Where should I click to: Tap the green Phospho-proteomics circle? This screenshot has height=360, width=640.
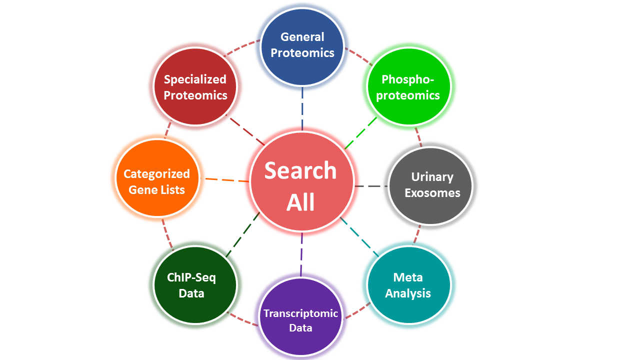click(408, 87)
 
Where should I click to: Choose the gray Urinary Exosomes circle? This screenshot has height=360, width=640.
click(430, 185)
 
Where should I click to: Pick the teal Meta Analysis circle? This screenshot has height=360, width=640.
click(408, 285)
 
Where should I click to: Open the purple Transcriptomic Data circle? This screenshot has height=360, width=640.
click(301, 320)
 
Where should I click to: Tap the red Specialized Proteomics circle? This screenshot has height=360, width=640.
click(195, 87)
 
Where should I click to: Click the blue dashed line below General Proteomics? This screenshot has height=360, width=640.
click(302, 108)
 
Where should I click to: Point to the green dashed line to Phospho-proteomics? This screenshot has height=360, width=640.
click(361, 133)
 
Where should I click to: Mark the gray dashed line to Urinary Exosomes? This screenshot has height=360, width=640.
click(370, 186)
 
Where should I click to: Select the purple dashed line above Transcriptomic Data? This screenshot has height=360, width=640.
click(302, 254)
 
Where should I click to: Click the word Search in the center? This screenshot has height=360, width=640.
click(301, 170)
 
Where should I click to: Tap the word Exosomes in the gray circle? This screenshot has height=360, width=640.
click(432, 193)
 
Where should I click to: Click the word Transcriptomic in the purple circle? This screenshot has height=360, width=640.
click(301, 313)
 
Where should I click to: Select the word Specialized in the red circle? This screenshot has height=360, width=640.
click(195, 79)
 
